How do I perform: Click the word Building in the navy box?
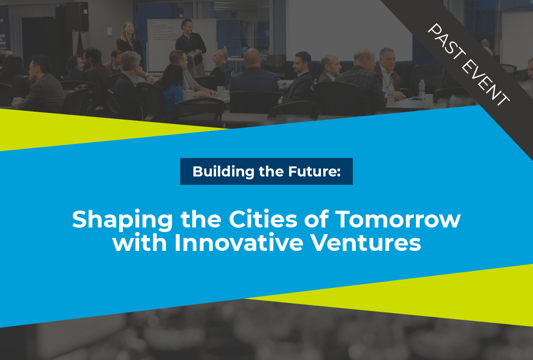[x=223, y=172]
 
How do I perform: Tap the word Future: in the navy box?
[x=314, y=171]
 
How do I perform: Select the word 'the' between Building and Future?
[x=271, y=171]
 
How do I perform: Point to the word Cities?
[x=263, y=219]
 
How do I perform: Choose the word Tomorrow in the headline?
[x=398, y=219]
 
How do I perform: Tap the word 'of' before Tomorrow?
[x=316, y=219]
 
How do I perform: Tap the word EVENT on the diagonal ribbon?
[x=485, y=84]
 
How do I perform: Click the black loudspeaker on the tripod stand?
[x=77, y=17]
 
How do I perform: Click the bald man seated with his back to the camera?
[x=254, y=79]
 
